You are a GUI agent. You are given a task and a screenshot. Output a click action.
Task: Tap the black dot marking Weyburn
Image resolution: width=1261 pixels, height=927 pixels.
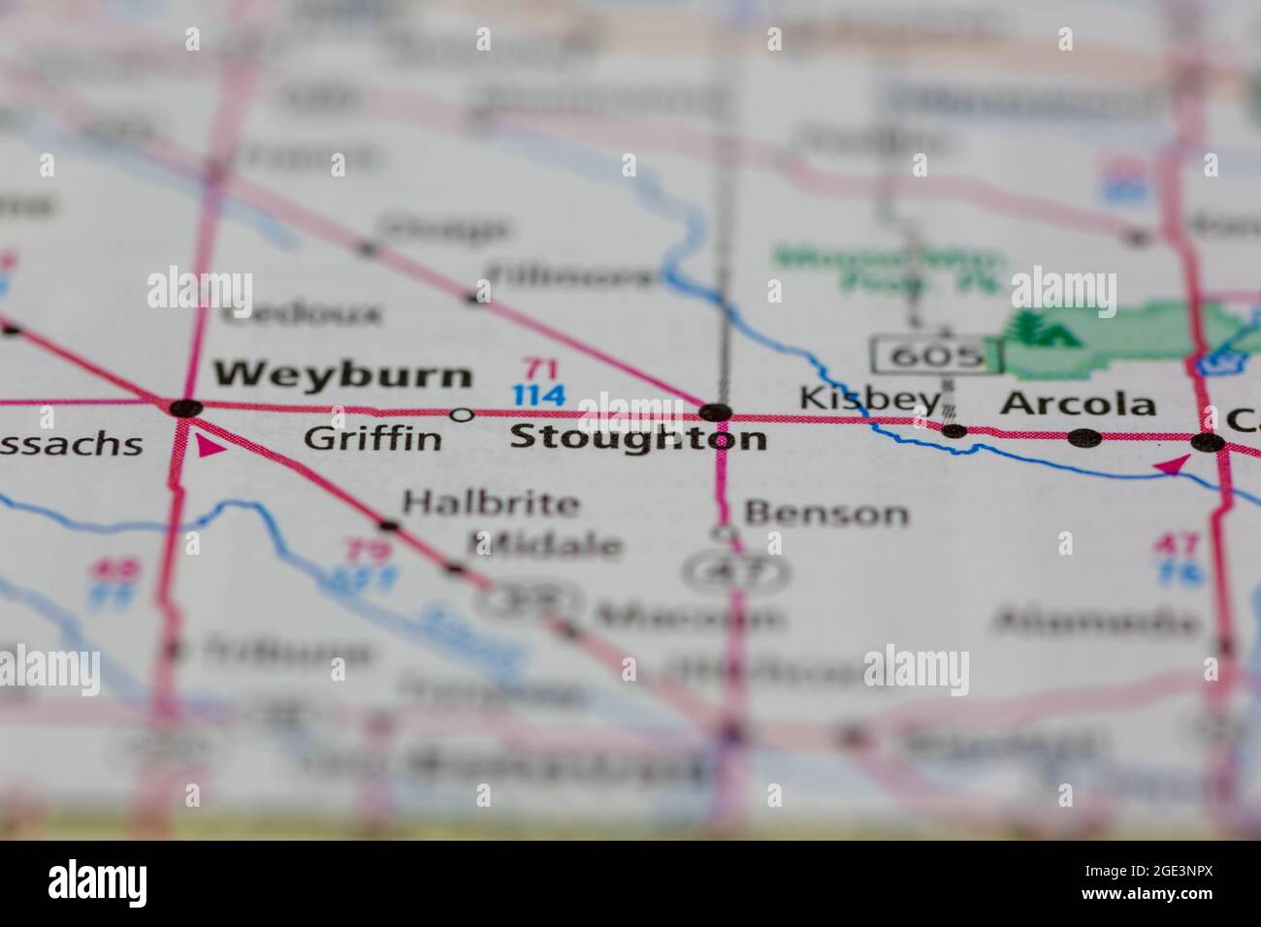click(x=185, y=408)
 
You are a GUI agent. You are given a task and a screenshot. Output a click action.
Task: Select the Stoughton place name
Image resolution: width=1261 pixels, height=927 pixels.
click(x=637, y=438)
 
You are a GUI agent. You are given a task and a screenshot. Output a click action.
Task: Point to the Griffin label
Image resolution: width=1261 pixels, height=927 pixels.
click(x=372, y=439)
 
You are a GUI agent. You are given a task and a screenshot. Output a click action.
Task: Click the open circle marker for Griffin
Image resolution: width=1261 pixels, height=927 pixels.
click(x=463, y=415)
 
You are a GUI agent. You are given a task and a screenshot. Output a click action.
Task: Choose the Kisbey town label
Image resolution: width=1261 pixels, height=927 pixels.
click(x=869, y=398)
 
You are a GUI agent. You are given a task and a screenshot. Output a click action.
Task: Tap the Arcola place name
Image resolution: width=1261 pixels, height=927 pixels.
click(x=1078, y=403)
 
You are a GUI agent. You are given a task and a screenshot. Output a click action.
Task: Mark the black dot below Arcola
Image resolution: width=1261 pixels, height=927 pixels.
click(x=1084, y=437)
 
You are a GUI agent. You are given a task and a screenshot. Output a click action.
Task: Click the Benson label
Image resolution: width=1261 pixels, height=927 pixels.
click(x=826, y=513)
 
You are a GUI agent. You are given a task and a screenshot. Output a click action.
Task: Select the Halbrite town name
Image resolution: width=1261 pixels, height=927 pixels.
click(x=491, y=503)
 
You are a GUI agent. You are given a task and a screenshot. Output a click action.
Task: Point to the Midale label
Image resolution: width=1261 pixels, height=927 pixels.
click(x=544, y=544)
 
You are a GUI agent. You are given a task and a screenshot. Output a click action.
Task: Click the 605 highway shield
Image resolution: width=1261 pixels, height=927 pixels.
click(x=936, y=356)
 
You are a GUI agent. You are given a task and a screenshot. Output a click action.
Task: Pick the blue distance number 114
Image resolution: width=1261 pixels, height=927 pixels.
click(x=538, y=396)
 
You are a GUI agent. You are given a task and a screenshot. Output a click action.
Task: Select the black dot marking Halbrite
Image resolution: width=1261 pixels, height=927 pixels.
click(x=389, y=527)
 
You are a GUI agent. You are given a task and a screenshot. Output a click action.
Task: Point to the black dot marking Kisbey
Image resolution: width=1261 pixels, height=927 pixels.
click(x=954, y=431)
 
